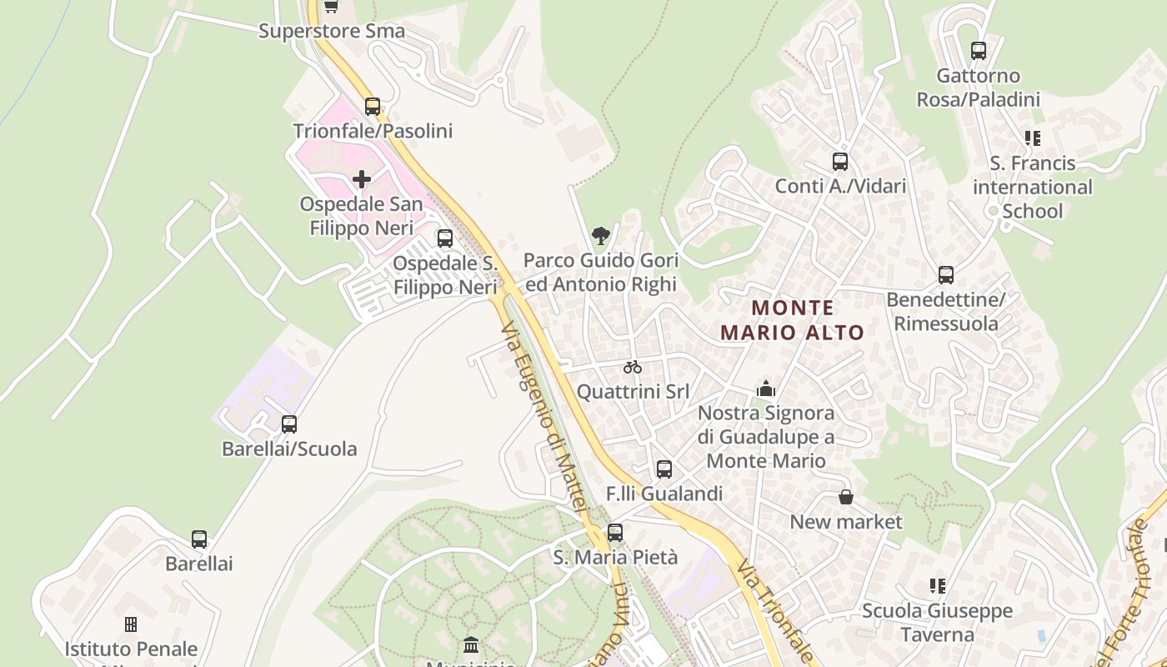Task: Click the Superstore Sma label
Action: pos(332,32)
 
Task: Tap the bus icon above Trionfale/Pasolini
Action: pos(373,107)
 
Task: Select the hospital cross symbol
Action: pos(362,179)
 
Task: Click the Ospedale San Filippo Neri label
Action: pos(362,216)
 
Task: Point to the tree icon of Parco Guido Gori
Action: pos(600,236)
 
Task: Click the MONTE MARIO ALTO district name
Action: pos(792,320)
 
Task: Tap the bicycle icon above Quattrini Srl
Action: pos(633,367)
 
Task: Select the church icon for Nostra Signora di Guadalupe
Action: pos(765,389)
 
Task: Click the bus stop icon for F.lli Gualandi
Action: pos(664,469)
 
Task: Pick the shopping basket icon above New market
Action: pos(846,498)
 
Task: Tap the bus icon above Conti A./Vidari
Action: pos(840,162)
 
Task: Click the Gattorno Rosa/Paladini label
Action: pos(979,88)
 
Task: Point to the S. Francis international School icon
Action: pos(1033,138)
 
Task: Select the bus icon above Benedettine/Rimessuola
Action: pos(946,275)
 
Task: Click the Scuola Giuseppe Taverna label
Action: pos(938,623)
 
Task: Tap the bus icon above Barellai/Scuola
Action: pos(289,424)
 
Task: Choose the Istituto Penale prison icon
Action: pos(131,624)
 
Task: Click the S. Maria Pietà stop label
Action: pos(616,557)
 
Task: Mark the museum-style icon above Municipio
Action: pos(471,644)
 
